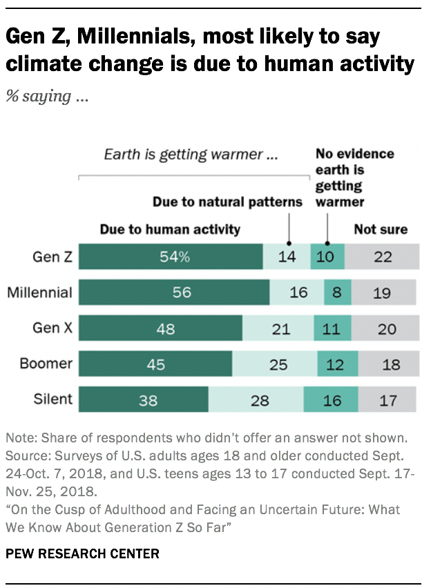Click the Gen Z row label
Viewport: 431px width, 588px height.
52,257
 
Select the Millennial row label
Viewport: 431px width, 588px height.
39,293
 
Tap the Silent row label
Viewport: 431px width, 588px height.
52,399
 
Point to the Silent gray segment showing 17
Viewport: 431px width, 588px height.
387,400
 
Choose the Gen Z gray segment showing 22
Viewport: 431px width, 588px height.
381,257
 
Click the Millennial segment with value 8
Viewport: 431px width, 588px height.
337,293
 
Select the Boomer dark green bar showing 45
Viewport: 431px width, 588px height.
155,364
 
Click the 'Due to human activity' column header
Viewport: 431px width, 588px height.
170,229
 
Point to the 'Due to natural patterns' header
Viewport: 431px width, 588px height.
227,202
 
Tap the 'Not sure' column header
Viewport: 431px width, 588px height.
381,229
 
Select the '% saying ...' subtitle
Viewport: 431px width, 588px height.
48,96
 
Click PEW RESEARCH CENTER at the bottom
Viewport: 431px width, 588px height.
82,553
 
